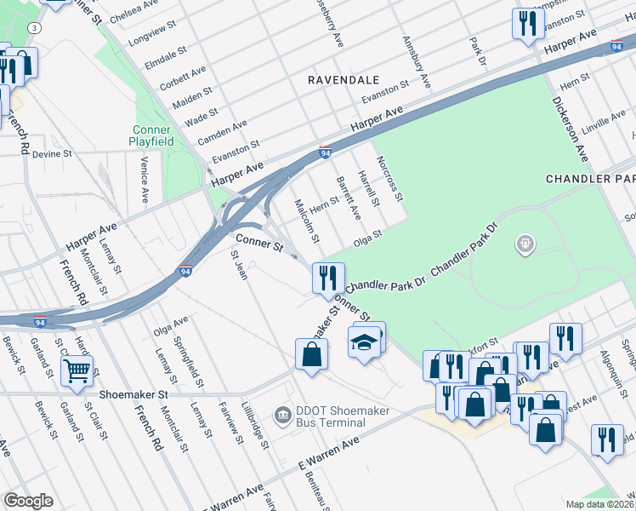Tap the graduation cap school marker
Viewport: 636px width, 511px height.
pos(364,342)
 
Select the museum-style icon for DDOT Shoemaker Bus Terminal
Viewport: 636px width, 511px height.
pos(281,415)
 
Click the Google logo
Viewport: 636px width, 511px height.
pos(28,501)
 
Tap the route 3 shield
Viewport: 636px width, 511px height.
pos(33,27)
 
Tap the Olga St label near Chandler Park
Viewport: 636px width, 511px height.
pos(368,236)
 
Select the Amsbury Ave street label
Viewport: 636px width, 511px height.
pos(417,62)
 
